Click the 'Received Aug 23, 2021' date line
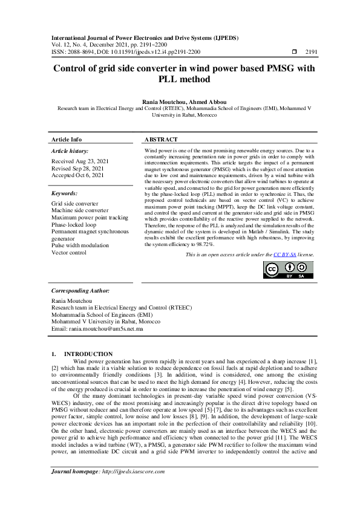[x=80, y=162]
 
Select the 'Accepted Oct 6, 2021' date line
[x=77, y=175]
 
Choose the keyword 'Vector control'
[x=70, y=253]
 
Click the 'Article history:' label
[x=70, y=151]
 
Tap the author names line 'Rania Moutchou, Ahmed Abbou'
[x=180, y=103]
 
